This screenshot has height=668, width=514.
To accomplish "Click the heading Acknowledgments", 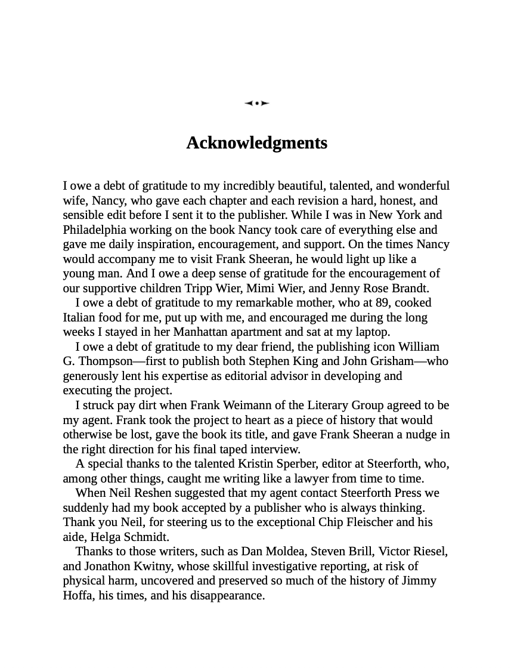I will pyautogui.click(x=256, y=143).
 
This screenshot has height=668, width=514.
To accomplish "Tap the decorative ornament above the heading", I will pyautogui.click(x=256, y=103).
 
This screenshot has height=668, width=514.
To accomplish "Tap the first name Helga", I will pyautogui.click(x=106, y=537).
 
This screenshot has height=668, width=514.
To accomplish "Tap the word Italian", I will pyautogui.click(x=81, y=317).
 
